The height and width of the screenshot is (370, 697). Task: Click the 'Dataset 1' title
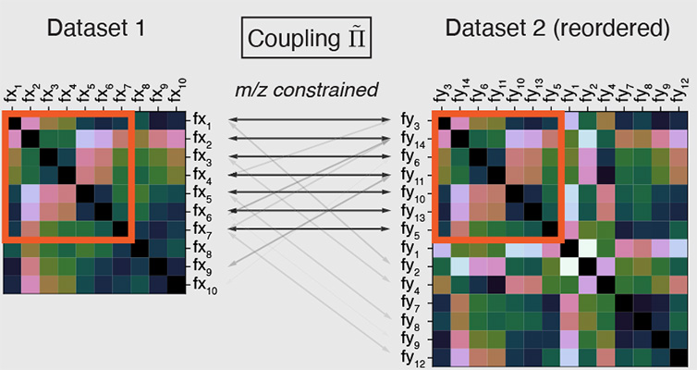click(96, 29)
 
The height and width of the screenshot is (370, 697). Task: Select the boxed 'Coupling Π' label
click(306, 38)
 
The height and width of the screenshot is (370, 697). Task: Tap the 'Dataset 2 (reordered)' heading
click(557, 30)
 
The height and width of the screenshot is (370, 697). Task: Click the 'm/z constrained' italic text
click(307, 90)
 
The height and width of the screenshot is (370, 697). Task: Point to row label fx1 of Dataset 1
click(202, 120)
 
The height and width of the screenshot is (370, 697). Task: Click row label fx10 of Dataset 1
click(205, 285)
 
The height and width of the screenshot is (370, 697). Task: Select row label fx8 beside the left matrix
click(202, 248)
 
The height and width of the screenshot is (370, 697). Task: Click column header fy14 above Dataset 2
click(462, 92)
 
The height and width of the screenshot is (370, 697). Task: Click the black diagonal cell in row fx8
click(140, 248)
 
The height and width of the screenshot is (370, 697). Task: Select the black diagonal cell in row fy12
click(678, 358)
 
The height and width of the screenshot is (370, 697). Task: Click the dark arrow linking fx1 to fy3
click(310, 119)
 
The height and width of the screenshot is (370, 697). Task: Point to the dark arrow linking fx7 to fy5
click(310, 229)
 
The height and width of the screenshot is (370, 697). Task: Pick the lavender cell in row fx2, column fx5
click(85, 139)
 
